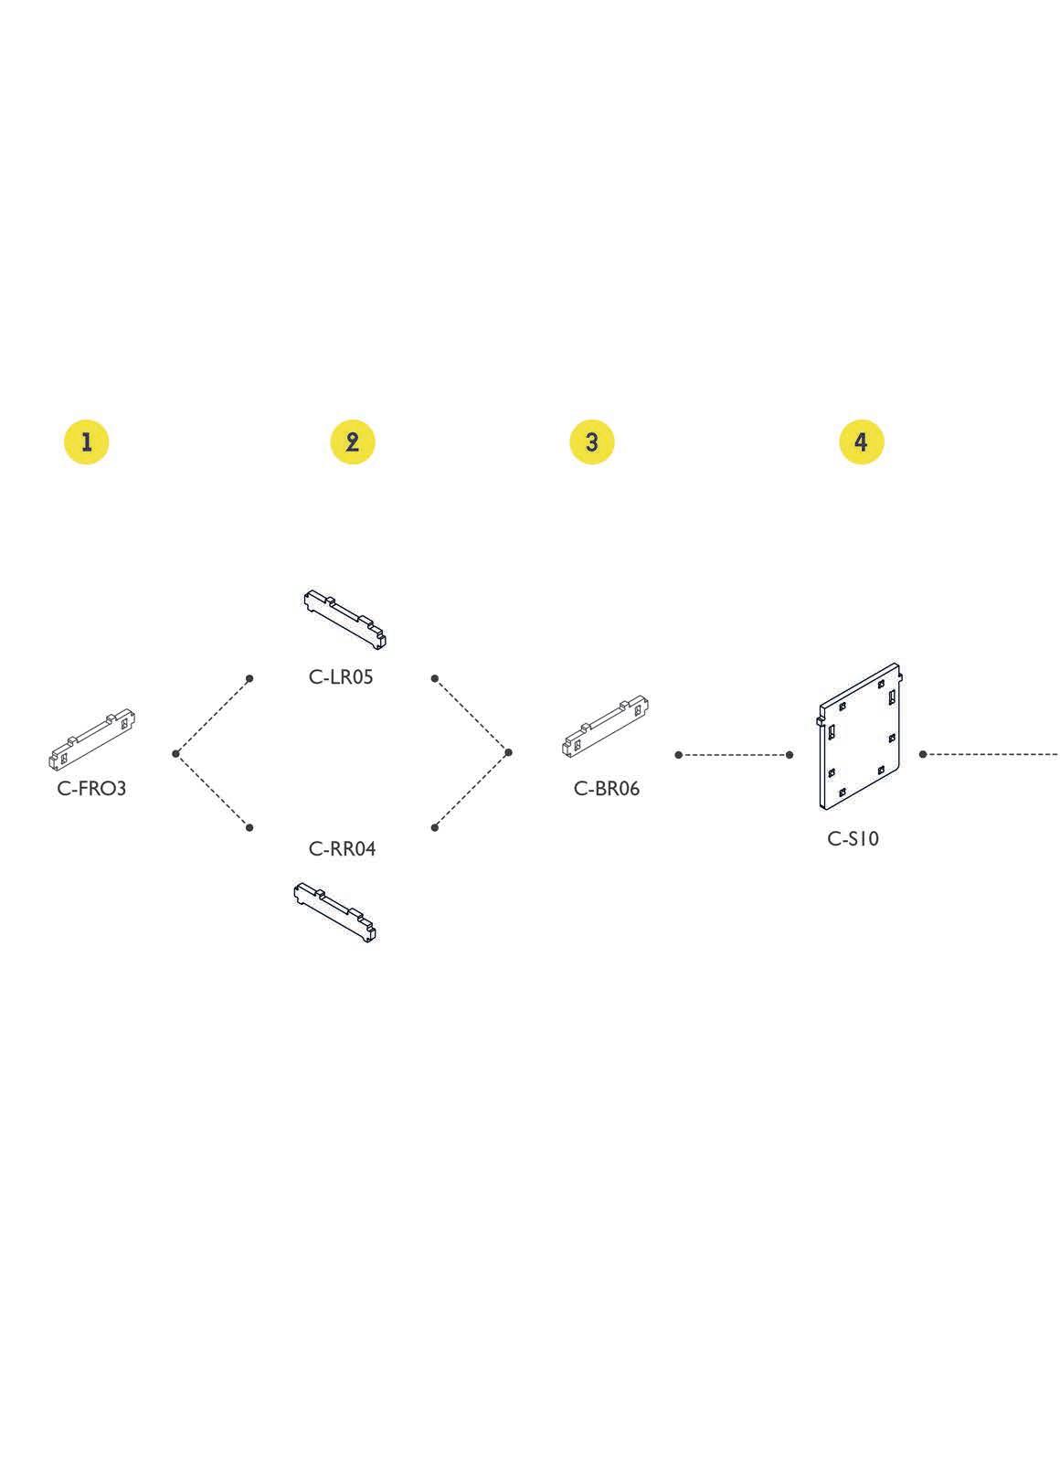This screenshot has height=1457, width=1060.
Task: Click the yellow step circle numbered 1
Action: click(x=86, y=442)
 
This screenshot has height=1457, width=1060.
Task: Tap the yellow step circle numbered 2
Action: click(x=353, y=442)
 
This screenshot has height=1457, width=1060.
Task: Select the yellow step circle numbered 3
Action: click(x=591, y=442)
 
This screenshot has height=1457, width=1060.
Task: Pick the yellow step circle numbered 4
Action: click(x=861, y=442)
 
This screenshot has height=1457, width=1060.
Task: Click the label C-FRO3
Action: click(x=91, y=788)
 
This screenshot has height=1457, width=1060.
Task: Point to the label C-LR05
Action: click(x=341, y=677)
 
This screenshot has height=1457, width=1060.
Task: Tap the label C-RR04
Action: click(x=343, y=848)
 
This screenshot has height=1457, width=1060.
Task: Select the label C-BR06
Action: click(x=607, y=788)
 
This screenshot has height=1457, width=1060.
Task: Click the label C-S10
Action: click(x=853, y=838)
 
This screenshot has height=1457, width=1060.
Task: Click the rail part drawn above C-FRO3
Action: click(x=91, y=739)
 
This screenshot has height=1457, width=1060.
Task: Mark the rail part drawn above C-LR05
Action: click(x=344, y=618)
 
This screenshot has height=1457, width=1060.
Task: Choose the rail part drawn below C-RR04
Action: click(x=335, y=911)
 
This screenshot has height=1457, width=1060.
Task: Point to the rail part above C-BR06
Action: click(x=606, y=727)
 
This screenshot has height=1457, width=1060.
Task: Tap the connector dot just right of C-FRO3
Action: click(x=175, y=753)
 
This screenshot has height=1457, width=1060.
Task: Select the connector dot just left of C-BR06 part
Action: click(x=509, y=752)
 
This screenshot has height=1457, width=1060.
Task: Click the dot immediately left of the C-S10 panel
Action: click(x=790, y=754)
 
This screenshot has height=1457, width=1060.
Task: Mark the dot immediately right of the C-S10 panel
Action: click(x=923, y=754)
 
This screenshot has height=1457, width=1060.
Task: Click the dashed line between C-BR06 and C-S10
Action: click(x=734, y=754)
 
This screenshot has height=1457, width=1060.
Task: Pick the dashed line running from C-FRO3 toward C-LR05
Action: click(x=213, y=716)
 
